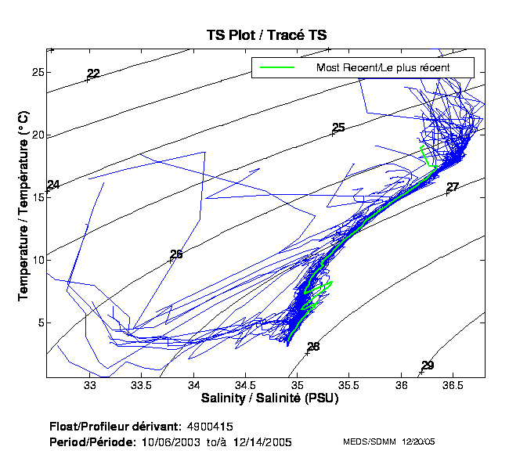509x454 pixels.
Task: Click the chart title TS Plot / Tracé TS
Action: click(266, 35)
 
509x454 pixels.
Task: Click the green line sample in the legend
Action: click(273, 67)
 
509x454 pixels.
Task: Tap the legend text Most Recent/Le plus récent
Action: click(383, 67)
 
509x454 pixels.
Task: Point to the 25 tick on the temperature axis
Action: click(36, 72)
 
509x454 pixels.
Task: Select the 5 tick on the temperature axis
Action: click(39, 322)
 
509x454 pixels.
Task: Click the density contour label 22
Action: click(93, 74)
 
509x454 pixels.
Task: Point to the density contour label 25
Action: click(338, 128)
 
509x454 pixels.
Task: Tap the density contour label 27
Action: click(453, 187)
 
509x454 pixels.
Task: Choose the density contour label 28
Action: click(313, 347)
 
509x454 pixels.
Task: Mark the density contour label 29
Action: click(428, 366)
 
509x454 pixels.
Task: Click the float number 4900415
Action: click(210, 427)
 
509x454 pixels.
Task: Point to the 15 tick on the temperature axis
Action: click(36, 197)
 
